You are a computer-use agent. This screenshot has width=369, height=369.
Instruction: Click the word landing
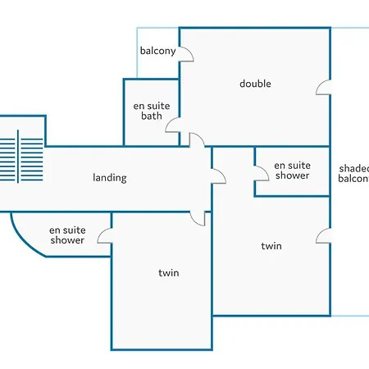pos(110,178)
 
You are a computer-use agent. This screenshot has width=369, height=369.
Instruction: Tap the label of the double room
pos(255,84)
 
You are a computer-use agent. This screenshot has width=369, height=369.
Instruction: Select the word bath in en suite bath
pos(152,116)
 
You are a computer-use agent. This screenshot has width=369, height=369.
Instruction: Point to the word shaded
pos(354,169)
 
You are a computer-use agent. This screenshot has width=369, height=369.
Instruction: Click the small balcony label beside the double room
pos(157,51)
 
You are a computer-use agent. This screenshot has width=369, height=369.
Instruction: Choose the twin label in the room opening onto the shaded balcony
pos(271,246)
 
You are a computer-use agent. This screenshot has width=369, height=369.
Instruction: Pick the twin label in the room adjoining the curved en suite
pos(169,273)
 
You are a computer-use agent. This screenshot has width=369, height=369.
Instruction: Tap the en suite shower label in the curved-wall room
pos(67,235)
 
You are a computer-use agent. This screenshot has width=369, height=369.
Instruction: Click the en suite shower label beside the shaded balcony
pos(292,171)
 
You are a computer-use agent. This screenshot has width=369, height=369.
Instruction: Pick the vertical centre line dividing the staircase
pos(18,157)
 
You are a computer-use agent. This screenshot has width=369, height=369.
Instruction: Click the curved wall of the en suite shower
pos(22,242)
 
